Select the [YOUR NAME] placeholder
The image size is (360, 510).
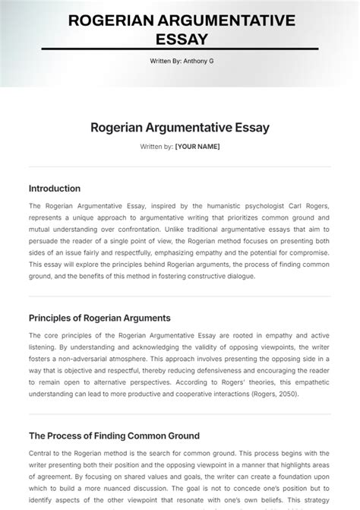(197, 146)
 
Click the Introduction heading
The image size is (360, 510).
(55, 188)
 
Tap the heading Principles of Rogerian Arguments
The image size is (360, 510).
(99, 318)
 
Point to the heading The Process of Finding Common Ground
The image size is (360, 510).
(114, 436)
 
